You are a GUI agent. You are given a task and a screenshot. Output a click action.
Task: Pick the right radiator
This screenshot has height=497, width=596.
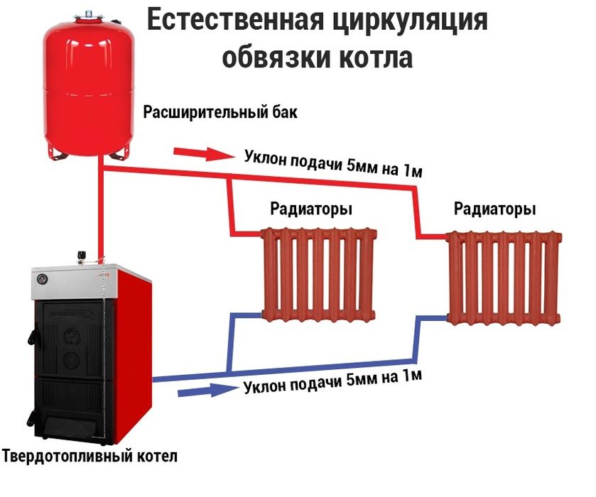tap(504, 278)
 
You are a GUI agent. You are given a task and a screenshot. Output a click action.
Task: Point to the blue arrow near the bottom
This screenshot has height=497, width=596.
tap(207, 390)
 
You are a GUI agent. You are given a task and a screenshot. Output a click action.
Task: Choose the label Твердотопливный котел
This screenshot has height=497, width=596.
tap(90, 455)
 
